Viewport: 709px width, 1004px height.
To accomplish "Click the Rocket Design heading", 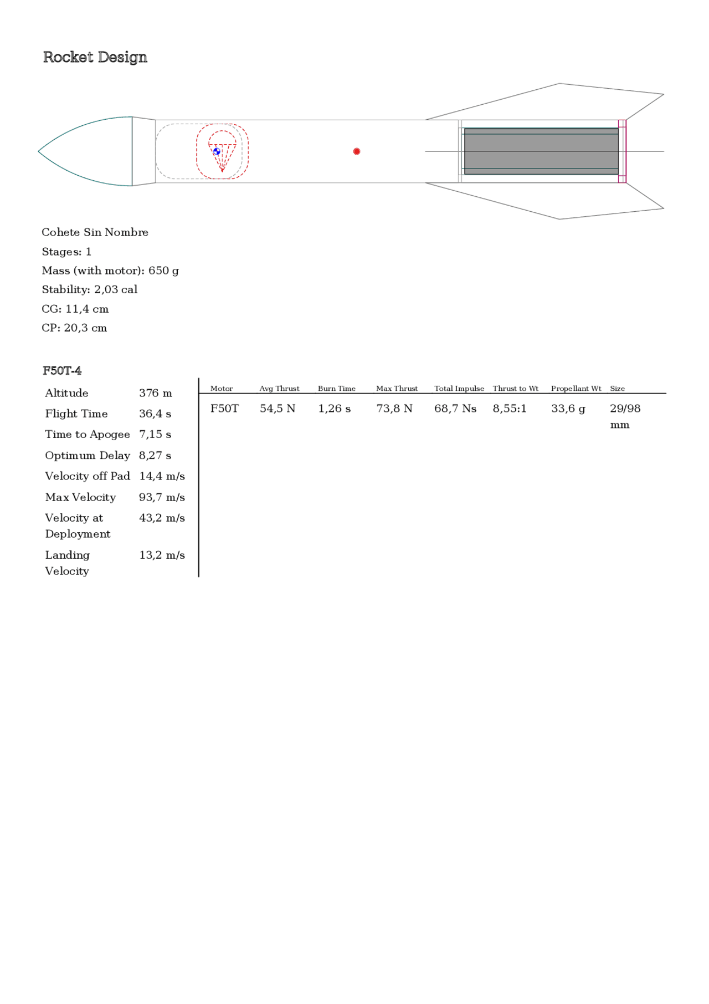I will tap(95, 57).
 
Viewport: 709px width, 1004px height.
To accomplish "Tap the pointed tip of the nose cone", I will tap(39, 151).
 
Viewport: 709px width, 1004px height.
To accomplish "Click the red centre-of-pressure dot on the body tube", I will tap(357, 151).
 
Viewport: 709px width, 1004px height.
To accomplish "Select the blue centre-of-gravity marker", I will tap(217, 151).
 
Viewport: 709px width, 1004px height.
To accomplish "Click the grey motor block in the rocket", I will tap(541, 151).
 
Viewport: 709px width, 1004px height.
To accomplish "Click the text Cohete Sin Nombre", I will tap(95, 232).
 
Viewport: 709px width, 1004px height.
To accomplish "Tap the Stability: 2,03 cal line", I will tap(89, 289).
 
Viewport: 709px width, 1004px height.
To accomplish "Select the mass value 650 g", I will tap(163, 271).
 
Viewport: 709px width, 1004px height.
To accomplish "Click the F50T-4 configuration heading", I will tap(62, 370).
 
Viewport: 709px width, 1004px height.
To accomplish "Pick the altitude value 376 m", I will tap(156, 393).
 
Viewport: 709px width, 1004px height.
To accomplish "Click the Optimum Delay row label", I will tap(88, 455).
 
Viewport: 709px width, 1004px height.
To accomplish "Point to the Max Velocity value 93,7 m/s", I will tap(162, 497).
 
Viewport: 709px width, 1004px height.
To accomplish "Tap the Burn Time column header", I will tap(337, 389).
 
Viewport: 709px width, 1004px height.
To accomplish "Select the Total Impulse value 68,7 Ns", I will tap(455, 409).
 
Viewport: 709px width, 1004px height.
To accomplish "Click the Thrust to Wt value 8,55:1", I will tap(510, 409).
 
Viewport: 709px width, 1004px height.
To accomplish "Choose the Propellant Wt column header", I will tap(576, 389).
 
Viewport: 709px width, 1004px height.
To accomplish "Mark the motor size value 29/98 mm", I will tap(625, 416).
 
